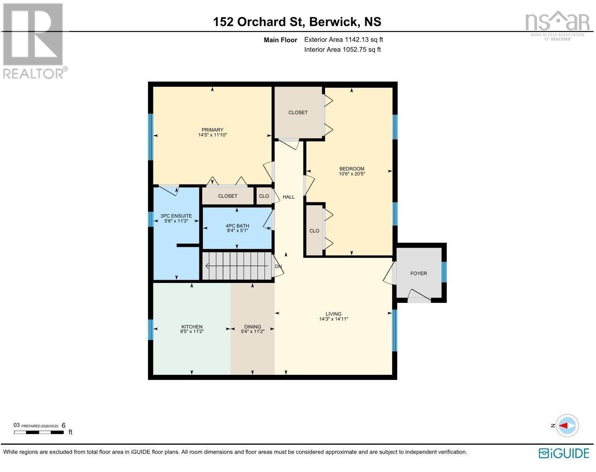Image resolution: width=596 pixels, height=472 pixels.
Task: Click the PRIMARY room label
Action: click(x=212, y=130)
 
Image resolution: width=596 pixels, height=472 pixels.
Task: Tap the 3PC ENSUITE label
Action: click(x=176, y=216)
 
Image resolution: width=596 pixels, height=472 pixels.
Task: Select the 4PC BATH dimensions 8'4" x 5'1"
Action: click(x=237, y=231)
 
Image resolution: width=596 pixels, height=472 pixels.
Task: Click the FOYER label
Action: click(x=418, y=273)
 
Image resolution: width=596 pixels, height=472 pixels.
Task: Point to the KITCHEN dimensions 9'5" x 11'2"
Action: click(x=192, y=331)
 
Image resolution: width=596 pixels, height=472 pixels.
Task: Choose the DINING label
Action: click(x=253, y=326)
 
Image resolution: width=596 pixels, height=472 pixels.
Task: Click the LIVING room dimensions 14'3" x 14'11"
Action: click(x=333, y=319)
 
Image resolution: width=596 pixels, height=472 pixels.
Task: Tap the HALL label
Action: click(x=288, y=197)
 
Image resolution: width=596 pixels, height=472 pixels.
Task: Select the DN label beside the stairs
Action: click(x=279, y=266)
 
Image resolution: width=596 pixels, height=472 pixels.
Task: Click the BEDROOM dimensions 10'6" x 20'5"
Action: click(x=352, y=174)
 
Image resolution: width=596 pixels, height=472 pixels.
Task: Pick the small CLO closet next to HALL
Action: click(x=264, y=196)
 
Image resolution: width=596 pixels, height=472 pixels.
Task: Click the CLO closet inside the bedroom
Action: click(x=314, y=231)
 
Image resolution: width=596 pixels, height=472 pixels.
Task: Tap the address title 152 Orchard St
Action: click(x=259, y=22)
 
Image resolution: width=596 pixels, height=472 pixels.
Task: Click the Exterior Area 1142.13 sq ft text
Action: click(x=343, y=40)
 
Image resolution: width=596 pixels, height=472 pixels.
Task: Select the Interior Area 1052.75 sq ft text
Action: click(x=342, y=50)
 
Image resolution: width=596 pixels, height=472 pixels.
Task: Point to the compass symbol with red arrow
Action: click(x=567, y=425)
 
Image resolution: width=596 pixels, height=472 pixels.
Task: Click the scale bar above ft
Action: click(x=39, y=432)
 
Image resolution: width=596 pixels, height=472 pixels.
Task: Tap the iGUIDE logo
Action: click(x=564, y=453)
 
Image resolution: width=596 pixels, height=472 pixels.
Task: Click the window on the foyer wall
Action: click(x=444, y=272)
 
